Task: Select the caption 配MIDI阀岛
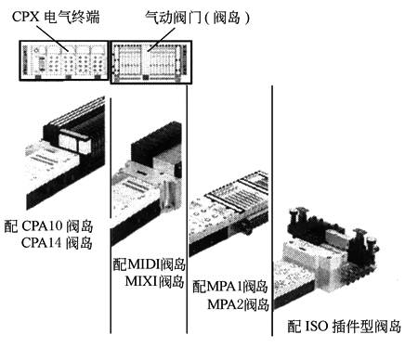coord(150,264)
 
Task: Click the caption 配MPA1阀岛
coord(229,287)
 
